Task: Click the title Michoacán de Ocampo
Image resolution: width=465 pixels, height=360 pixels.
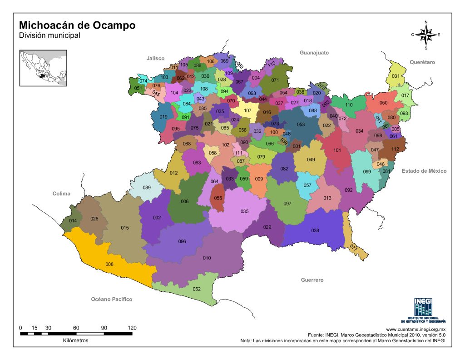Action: pyautogui.click(x=77, y=25)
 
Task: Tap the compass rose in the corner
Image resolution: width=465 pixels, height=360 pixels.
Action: pyautogui.click(x=426, y=35)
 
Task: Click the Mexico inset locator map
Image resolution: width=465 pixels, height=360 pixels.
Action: pyautogui.click(x=43, y=68)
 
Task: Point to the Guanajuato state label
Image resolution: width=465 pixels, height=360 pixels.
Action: pyautogui.click(x=314, y=53)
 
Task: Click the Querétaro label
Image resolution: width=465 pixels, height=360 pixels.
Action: pyautogui.click(x=422, y=62)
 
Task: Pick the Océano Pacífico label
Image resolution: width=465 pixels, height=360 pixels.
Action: pyautogui.click(x=111, y=299)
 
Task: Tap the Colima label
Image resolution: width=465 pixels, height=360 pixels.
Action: pyautogui.click(x=61, y=194)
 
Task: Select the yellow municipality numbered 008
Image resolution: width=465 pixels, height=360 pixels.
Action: pyautogui.click(x=109, y=264)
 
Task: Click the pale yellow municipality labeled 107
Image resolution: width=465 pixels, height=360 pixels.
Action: pyautogui.click(x=247, y=111)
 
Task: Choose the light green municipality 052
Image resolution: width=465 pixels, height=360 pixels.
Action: pyautogui.click(x=197, y=289)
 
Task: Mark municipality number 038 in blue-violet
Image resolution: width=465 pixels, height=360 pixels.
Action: pyautogui.click(x=315, y=230)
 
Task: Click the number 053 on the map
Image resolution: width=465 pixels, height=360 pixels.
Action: pyautogui.click(x=301, y=124)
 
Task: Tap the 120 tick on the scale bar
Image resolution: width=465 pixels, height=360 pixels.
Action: pyautogui.click(x=132, y=328)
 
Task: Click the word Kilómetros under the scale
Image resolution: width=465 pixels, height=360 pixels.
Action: pyautogui.click(x=76, y=340)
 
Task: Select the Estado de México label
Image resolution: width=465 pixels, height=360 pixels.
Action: pyautogui.click(x=424, y=171)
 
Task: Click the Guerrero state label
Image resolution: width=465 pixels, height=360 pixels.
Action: pyautogui.click(x=312, y=280)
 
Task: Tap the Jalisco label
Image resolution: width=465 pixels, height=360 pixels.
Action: pyautogui.click(x=155, y=59)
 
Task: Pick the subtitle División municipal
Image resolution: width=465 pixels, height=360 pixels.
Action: pyautogui.click(x=49, y=35)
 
